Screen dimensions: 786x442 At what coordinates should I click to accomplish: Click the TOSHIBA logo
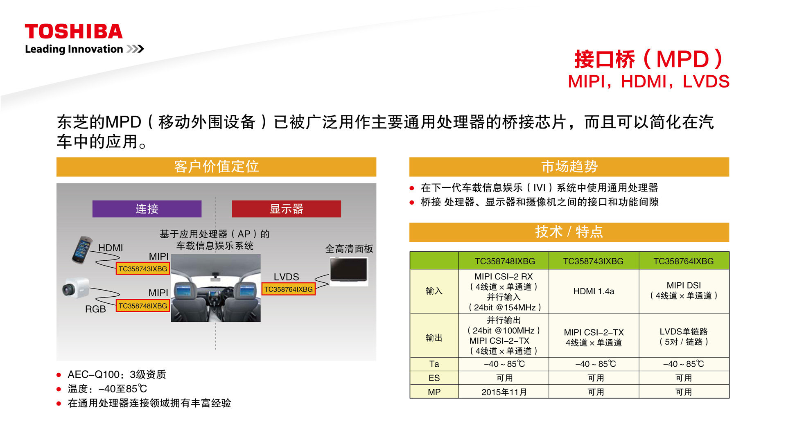[x=74, y=32]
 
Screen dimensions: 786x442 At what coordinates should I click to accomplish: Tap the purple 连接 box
[x=147, y=209]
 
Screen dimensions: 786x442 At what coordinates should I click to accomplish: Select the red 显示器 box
[x=286, y=209]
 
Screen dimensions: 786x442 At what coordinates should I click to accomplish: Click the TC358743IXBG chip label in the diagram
[x=143, y=269]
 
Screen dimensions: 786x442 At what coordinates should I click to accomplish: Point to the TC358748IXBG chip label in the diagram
[x=143, y=306]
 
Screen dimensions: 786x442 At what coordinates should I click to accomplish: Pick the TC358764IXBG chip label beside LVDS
[x=289, y=289]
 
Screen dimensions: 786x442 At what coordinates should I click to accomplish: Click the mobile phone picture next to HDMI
[x=82, y=250]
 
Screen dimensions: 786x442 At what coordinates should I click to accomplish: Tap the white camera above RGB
[x=76, y=289]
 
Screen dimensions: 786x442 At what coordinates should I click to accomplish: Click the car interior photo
[x=216, y=288]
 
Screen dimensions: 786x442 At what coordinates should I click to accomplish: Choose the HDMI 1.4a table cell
[x=594, y=291]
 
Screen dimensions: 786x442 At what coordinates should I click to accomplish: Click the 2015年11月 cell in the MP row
[x=504, y=392]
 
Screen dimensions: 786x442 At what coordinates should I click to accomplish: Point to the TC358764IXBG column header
[x=684, y=261]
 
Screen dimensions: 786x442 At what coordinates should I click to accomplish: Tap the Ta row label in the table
[x=434, y=364]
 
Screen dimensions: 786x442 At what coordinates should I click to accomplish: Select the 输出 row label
[x=434, y=338]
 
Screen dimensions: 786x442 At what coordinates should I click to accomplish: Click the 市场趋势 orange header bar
[x=569, y=167]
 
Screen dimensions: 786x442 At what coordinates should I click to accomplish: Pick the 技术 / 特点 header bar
[x=569, y=232]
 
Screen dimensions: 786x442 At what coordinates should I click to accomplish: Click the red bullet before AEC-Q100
[x=59, y=375]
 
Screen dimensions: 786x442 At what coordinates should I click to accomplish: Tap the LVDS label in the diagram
[x=287, y=277]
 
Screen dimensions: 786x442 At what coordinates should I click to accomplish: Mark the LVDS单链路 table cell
[x=684, y=336]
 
